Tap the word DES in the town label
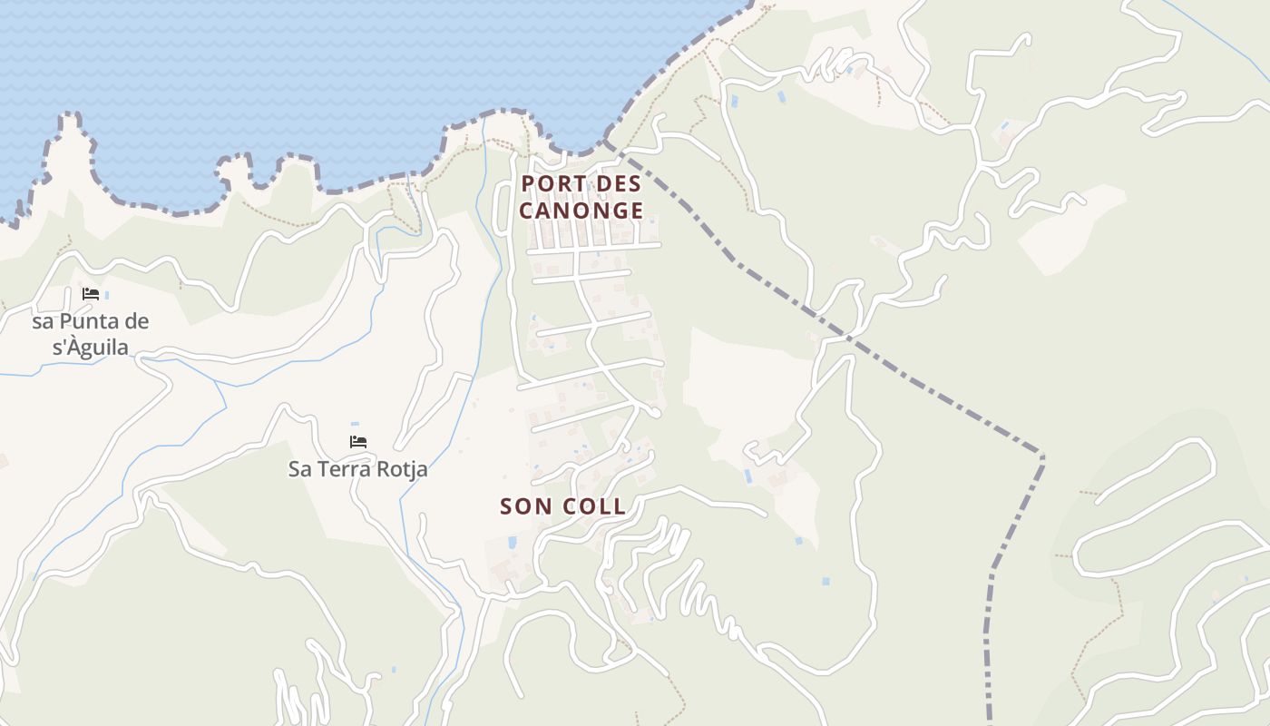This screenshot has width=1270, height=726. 620,184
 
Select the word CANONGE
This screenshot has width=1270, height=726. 581,211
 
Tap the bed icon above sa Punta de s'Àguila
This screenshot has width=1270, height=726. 91,294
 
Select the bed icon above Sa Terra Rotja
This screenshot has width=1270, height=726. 358,442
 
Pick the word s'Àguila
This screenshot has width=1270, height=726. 91,348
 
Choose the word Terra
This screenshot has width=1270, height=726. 341,470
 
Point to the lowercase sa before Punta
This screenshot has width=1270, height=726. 43,322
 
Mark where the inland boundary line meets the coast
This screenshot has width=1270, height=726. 605,142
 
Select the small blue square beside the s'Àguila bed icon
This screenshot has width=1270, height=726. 107,295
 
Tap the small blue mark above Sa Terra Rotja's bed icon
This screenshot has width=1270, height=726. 355,424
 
